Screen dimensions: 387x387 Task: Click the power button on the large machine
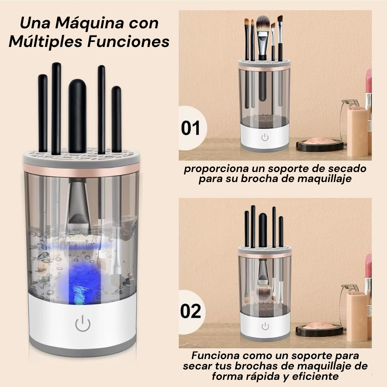[83, 324]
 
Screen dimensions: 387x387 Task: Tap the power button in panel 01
[265, 138]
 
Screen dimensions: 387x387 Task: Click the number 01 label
[190, 128]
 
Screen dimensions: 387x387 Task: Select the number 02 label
[191, 311]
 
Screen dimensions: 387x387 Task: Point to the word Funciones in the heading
[128, 42]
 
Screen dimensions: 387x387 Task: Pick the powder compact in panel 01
[320, 144]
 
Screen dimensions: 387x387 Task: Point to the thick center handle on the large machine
[77, 116]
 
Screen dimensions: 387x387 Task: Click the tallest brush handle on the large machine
[56, 109]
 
